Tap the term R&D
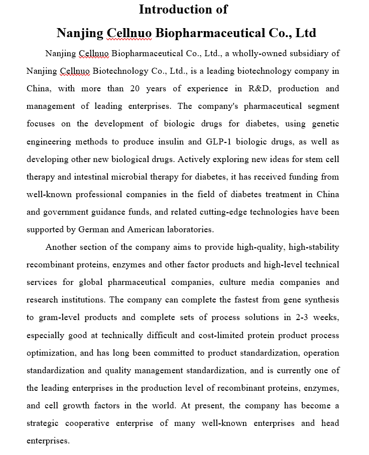click(259, 89)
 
